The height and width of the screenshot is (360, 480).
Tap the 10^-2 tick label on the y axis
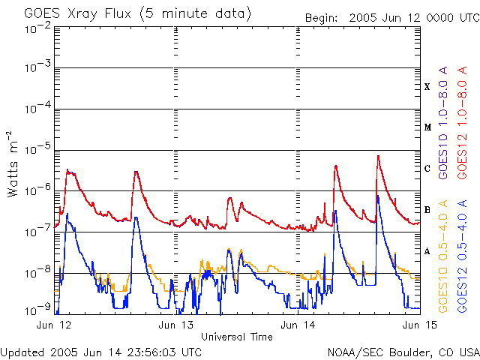pos(37,28)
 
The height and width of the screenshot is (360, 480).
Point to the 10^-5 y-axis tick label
pos(37,150)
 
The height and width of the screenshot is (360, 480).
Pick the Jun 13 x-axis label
pos(176,325)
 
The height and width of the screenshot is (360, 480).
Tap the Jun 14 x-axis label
pos(298,325)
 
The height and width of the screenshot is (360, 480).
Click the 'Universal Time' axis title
pos(237,337)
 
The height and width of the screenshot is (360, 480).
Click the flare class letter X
pos(427,87)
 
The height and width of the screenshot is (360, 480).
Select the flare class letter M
pos(427,127)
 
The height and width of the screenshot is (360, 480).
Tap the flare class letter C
pos(427,169)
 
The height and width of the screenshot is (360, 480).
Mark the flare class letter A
pos(427,251)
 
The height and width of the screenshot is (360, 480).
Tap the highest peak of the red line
pos(379,156)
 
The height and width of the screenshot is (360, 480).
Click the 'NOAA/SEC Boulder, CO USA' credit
pos(403,351)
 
